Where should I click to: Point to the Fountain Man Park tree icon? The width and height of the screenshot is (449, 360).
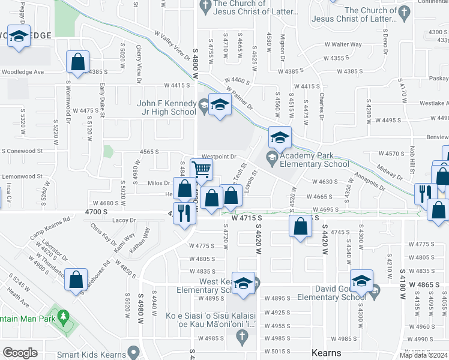[x=62, y=316]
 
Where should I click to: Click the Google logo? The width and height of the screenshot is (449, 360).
[x=20, y=353]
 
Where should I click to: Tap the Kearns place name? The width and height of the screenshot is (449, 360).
[x=327, y=353]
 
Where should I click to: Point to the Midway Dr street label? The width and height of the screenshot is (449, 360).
[x=391, y=171]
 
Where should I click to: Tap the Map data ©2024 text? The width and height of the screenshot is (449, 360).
[x=423, y=355]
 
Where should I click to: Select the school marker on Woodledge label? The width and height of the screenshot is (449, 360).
[x=19, y=36]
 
